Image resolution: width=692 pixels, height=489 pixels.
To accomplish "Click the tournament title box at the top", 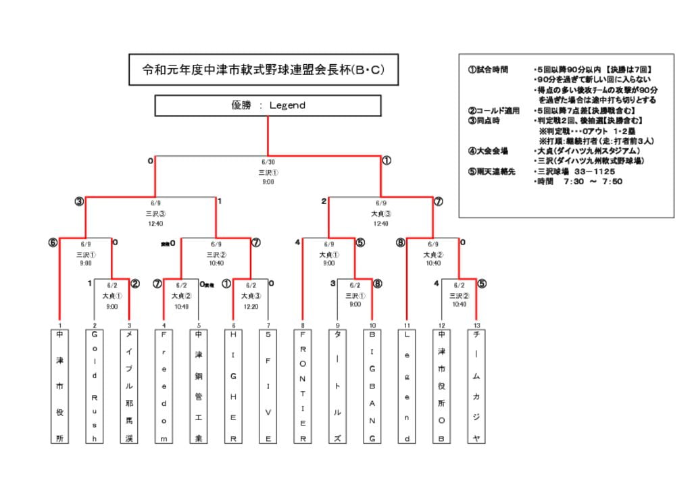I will [x=264, y=70].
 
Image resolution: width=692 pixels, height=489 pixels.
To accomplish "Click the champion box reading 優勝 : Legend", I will [x=268, y=105].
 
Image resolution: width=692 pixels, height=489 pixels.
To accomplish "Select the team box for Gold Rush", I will [x=95, y=386].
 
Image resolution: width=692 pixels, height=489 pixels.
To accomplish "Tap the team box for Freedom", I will [x=164, y=386].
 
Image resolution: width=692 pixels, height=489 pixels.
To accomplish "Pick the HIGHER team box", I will [x=234, y=386].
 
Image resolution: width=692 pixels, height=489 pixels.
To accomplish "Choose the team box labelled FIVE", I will [x=268, y=386].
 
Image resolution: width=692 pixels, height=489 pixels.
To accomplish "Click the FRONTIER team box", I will [x=303, y=386].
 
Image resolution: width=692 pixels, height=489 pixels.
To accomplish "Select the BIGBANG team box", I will [x=372, y=386].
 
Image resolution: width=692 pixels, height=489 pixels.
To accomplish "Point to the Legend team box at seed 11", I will [x=407, y=386].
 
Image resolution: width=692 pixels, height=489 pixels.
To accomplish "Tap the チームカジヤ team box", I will [x=476, y=386].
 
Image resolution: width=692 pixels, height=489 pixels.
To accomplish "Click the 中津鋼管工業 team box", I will [x=199, y=386].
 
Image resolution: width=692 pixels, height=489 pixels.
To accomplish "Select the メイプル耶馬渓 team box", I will [x=129, y=386].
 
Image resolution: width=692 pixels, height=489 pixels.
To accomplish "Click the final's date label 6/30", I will [x=268, y=162].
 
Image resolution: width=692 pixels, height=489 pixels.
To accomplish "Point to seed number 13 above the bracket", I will [x=476, y=325].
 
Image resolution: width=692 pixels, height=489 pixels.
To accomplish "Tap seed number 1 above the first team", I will [x=60, y=325].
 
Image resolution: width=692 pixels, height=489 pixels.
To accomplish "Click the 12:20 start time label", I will [x=251, y=307].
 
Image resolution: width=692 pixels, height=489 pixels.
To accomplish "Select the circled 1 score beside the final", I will [x=387, y=161].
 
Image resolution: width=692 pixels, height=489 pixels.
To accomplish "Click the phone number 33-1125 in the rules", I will [x=591, y=172].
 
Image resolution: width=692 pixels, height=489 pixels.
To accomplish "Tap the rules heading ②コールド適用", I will [x=493, y=110].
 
